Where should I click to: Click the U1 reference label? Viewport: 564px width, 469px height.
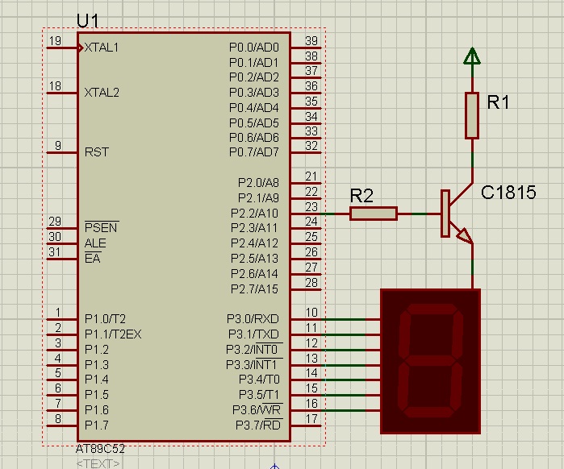coord(87,21)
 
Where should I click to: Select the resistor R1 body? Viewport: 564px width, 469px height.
coord(472,115)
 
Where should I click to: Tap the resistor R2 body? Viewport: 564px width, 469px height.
coord(374,214)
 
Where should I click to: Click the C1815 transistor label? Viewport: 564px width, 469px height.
coord(508,193)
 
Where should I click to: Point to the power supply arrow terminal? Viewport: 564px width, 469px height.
coord(472,56)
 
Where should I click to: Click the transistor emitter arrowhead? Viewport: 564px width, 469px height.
coord(465,235)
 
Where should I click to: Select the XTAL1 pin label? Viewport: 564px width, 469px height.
coord(102,48)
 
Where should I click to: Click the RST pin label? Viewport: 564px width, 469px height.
coord(96,152)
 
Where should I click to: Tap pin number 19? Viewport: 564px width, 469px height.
coord(55,40)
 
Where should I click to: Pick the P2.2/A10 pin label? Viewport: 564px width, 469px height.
coord(254,214)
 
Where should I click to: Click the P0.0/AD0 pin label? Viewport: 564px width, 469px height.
coord(254,48)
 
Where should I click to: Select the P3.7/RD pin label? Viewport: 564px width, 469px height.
coord(258,425)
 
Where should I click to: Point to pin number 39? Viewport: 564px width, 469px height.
coord(311,41)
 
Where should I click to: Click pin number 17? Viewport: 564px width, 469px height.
coord(311,419)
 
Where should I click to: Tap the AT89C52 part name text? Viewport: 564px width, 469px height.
coord(100,449)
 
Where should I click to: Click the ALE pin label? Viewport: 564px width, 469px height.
coord(95,243)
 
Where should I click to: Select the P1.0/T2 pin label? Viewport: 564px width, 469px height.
coord(105,319)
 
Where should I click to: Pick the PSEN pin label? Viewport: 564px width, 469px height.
coord(101,227)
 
